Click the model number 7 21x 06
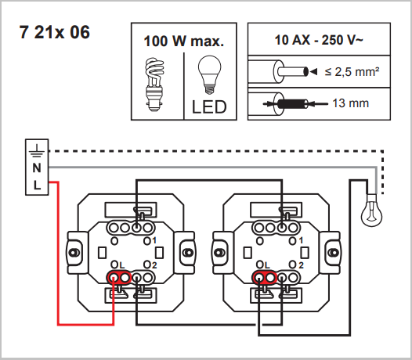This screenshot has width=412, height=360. pos(55,32)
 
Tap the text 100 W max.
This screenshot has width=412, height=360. pos(184,41)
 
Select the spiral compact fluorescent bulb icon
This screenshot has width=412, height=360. pos(154,85)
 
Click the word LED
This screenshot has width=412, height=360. pos(209,107)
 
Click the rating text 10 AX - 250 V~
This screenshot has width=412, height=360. pos(319,40)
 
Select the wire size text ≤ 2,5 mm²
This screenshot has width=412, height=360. pos(352,71)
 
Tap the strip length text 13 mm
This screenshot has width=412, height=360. pos(351,103)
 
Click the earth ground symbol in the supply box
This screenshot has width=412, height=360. pos(37,151)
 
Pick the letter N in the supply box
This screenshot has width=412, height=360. pos(37,168)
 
